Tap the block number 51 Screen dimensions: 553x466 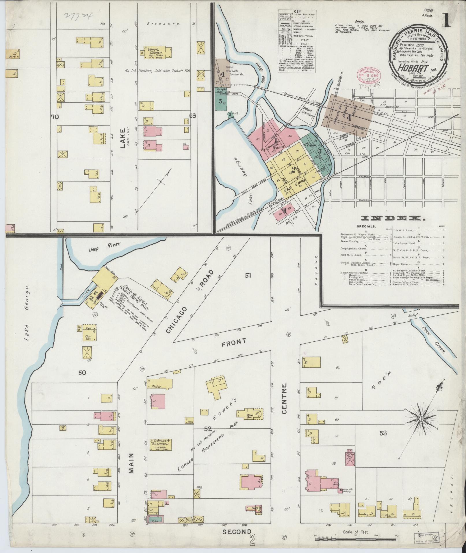(x=248, y=275)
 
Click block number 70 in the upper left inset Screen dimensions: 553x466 (x=54, y=117)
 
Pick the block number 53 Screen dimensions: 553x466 (x=383, y=433)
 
